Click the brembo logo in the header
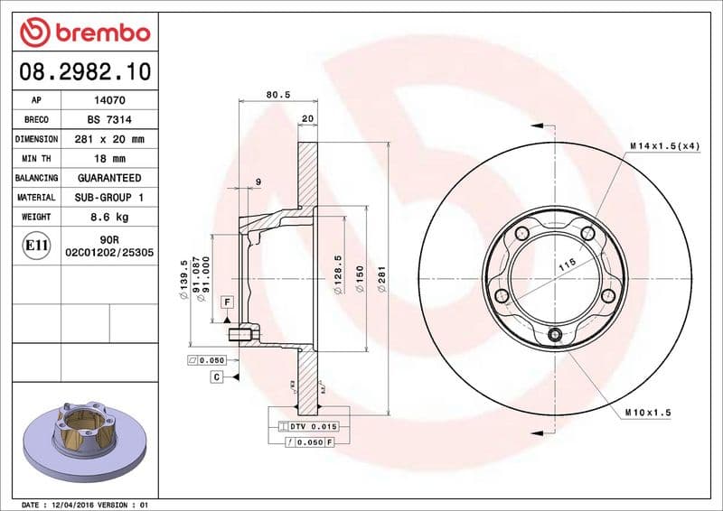pos(84,33)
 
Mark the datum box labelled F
pos(227,302)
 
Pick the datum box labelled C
pos(217,376)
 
